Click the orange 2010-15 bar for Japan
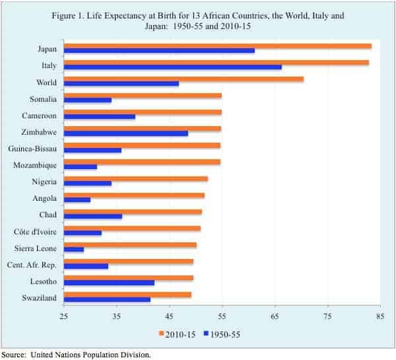click(218, 46)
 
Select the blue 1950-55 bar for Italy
click(173, 67)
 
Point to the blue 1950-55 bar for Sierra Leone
click(74, 249)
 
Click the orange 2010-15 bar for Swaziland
click(127, 294)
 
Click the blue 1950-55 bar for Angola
click(77, 199)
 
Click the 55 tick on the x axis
click(222, 316)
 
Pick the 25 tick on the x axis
click(64, 316)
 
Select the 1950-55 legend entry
click(222, 334)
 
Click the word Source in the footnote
click(15, 354)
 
